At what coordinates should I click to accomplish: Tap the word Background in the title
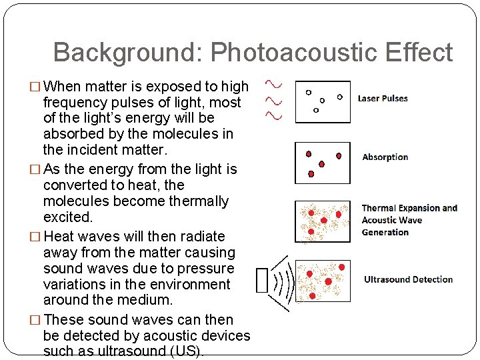point(127,53)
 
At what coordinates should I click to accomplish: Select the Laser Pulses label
point(383,99)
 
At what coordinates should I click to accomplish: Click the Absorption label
point(385,157)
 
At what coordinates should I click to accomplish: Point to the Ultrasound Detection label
point(408,280)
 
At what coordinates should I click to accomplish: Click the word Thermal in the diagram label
point(379,208)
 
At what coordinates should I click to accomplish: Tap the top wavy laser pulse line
point(273,85)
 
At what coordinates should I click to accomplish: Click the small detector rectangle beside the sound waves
point(261,280)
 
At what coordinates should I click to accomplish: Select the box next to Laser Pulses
point(323,101)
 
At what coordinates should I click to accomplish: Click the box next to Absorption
point(323,163)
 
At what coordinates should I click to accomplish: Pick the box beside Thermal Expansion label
point(323,221)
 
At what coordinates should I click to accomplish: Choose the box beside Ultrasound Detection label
point(323,281)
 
